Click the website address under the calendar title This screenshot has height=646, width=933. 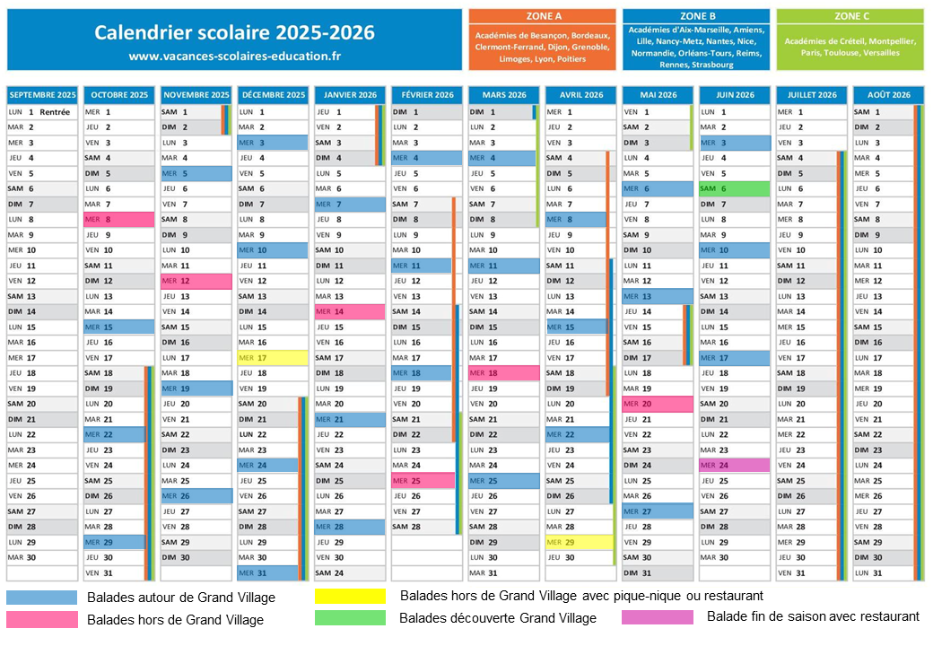(x=235, y=56)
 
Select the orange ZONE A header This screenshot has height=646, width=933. (x=542, y=16)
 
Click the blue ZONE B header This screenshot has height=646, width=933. (x=696, y=16)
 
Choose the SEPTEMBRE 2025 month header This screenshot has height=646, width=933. (x=42, y=95)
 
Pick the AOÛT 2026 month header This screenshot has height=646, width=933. (x=888, y=95)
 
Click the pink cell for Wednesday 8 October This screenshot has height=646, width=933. (x=119, y=219)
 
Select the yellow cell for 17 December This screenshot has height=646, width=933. (x=272, y=358)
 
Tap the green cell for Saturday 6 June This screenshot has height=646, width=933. (x=734, y=188)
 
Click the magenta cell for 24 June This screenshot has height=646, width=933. (x=734, y=466)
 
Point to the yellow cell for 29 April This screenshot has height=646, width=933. (x=580, y=543)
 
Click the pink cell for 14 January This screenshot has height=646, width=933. (x=350, y=311)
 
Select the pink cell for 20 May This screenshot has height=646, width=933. (x=658, y=404)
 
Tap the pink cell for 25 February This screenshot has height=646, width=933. (x=423, y=481)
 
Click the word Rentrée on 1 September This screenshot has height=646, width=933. (x=55, y=112)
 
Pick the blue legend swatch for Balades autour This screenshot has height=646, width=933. (x=41, y=597)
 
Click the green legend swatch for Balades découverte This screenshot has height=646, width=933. (x=350, y=617)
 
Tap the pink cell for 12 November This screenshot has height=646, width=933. (x=196, y=281)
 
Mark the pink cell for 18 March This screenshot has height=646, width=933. (x=503, y=373)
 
